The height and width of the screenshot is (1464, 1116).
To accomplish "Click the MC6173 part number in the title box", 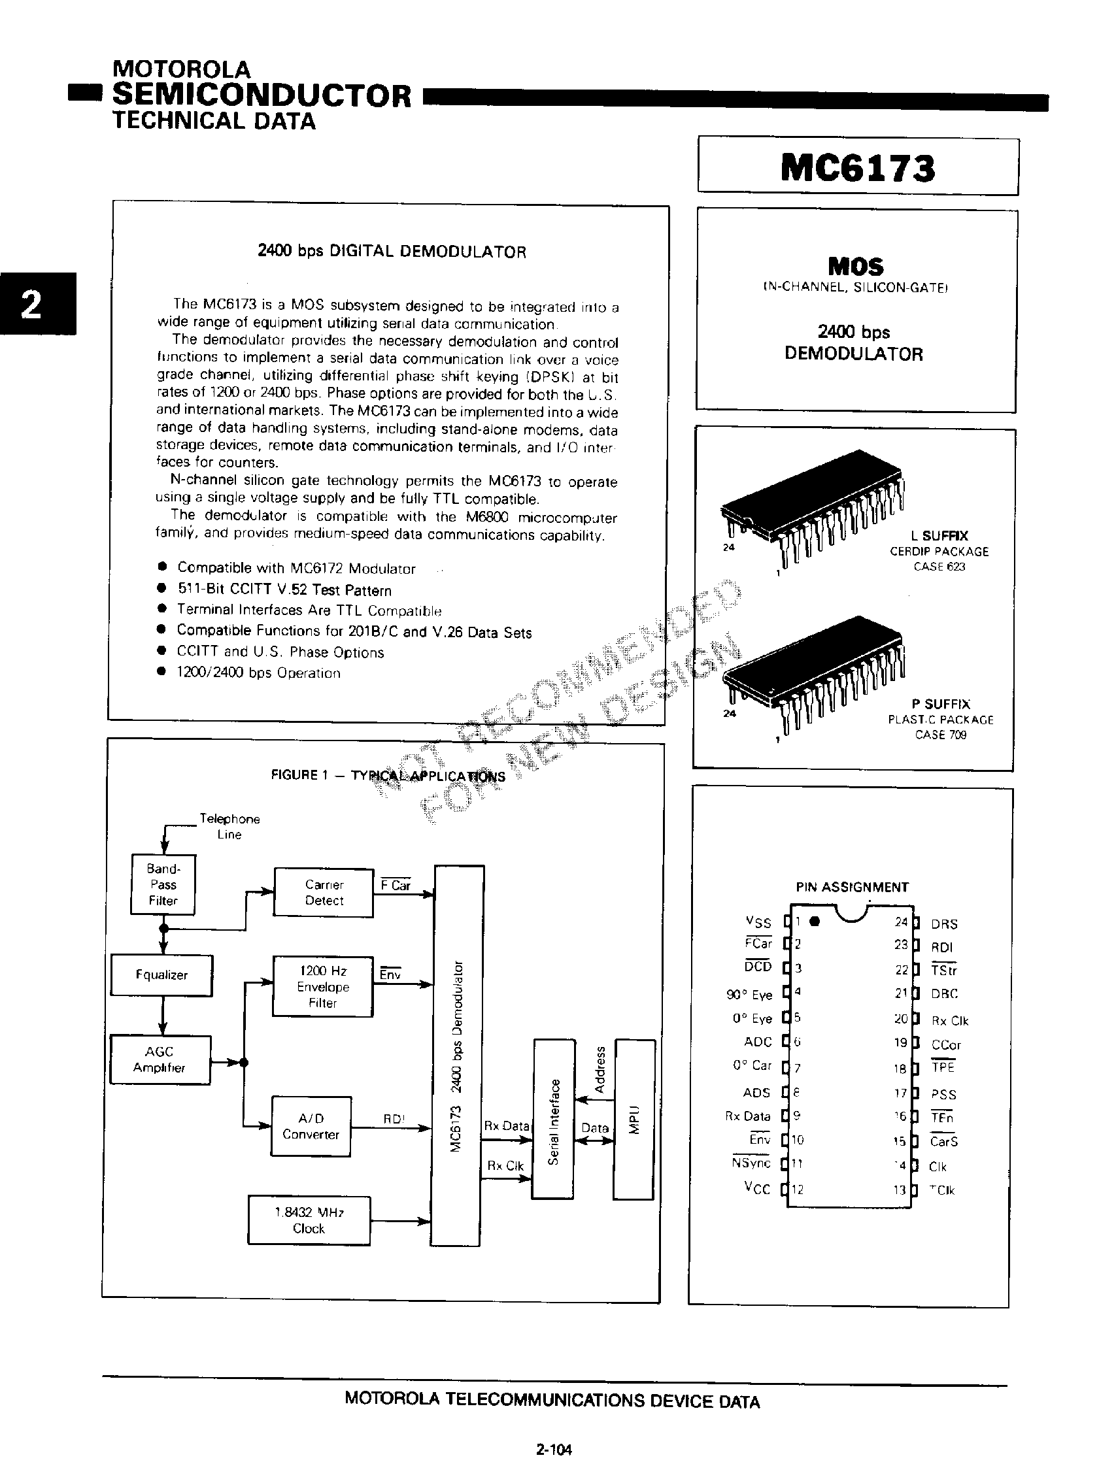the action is [858, 168].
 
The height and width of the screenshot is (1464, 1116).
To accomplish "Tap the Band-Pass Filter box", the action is [163, 884].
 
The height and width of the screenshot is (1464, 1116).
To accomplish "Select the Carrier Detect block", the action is [324, 892].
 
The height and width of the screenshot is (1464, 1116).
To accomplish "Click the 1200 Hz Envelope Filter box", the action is [323, 987].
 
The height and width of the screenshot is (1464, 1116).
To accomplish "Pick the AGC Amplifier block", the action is [160, 1059].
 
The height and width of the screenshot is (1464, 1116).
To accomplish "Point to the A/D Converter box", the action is [311, 1127].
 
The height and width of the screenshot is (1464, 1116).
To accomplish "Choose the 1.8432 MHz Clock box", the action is [309, 1220].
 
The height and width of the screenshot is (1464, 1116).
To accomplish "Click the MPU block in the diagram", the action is [634, 1120].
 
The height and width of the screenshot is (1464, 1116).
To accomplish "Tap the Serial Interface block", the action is [552, 1120].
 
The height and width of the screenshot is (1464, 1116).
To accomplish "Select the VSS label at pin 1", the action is [758, 922].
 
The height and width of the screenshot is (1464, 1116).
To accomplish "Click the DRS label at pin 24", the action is [944, 924].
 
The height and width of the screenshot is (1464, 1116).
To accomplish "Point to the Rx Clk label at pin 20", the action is [950, 1020].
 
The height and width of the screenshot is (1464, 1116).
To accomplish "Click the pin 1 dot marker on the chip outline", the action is [816, 921].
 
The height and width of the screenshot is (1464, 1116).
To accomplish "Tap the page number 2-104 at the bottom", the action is [554, 1449].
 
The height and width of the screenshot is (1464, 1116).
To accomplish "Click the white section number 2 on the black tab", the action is [31, 305].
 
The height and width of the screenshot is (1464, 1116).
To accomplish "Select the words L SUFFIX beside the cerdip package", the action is [939, 535].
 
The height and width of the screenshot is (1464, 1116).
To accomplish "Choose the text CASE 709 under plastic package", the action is [941, 735].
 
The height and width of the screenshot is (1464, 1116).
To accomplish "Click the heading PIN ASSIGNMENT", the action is [853, 887].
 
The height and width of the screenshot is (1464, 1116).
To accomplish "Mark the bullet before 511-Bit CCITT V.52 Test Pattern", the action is [161, 588].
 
